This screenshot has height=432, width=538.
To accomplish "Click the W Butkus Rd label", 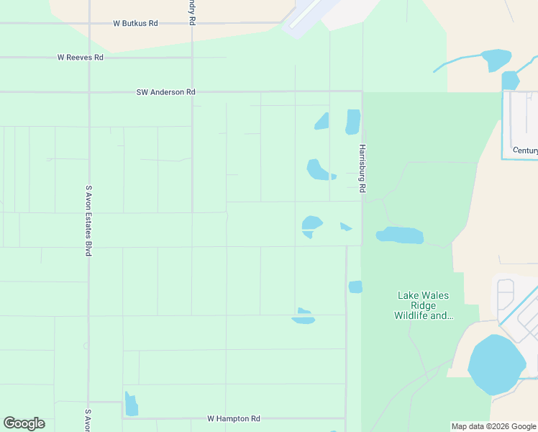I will pos(135,23).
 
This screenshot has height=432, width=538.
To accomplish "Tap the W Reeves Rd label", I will pos(81,58).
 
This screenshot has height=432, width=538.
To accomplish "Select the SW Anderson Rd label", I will pos(166,92).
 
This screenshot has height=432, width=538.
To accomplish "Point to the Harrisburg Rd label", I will pos(363,168).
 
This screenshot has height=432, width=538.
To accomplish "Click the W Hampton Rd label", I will pos(234,418).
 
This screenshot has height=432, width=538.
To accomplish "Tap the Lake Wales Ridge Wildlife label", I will pos(424,305).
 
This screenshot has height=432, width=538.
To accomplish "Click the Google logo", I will pos(24,423).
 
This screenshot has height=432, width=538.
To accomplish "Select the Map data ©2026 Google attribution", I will pos(494,426).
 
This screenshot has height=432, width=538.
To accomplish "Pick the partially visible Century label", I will pos(524,150).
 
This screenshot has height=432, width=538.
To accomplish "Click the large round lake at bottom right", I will pos(496,364).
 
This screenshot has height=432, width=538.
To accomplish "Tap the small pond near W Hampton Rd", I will pos(131,405).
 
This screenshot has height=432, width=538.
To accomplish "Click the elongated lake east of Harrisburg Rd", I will pos(400,235).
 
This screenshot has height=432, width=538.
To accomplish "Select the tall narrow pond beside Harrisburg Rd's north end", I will pos(352,122).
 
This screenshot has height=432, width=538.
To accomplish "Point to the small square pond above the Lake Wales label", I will pos(355,287).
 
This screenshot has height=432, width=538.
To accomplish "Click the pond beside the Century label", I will pos(510,80).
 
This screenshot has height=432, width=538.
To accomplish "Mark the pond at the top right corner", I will pos(496,59).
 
